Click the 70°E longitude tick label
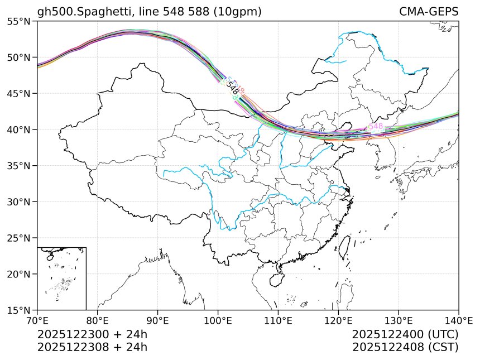pyautogui.click(x=37, y=321)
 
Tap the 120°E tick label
pyautogui.click(x=338, y=321)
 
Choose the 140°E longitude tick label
pyautogui.click(x=458, y=321)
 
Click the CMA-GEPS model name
pyautogui.click(x=429, y=12)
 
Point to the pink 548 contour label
pyautogui.click(x=376, y=127)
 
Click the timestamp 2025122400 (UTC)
pyautogui.click(x=405, y=335)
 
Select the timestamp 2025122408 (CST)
pyautogui.click(x=405, y=347)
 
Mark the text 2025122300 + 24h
pyautogui.click(x=92, y=335)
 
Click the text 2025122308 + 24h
pyautogui.click(x=92, y=347)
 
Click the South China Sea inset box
pyautogui.click(x=61, y=278)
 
